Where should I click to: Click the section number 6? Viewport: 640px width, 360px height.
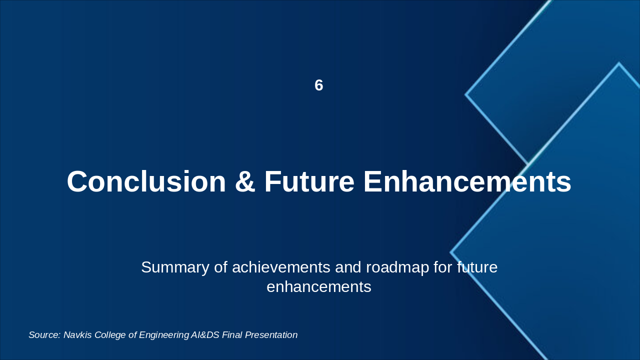(319, 85)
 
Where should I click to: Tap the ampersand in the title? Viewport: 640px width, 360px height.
(245, 181)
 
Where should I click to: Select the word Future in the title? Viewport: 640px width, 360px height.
(309, 181)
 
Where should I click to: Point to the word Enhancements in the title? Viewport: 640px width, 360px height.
(467, 181)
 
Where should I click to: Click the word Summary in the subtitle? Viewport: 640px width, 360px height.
(175, 268)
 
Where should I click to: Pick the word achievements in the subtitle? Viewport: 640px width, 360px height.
(281, 267)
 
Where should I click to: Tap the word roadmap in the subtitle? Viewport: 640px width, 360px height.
(397, 268)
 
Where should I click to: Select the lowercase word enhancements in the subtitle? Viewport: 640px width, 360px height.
(319, 286)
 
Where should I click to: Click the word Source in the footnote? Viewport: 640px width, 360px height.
(44, 335)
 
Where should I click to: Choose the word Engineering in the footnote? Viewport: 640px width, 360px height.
(164, 335)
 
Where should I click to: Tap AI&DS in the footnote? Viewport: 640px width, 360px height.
(205, 335)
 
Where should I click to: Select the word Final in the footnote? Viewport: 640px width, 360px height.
(232, 335)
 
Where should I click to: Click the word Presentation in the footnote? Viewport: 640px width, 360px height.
(271, 335)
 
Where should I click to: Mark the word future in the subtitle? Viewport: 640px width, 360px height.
(477, 267)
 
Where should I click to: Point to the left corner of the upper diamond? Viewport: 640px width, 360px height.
(465, 94)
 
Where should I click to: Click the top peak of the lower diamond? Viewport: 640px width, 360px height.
(619, 63)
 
